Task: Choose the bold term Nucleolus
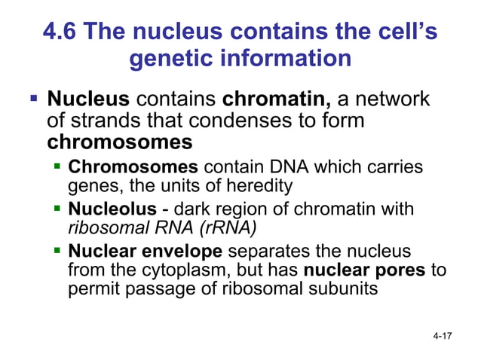(x=106, y=208)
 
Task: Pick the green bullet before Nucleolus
(x=59, y=208)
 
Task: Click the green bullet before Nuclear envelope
(x=59, y=251)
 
